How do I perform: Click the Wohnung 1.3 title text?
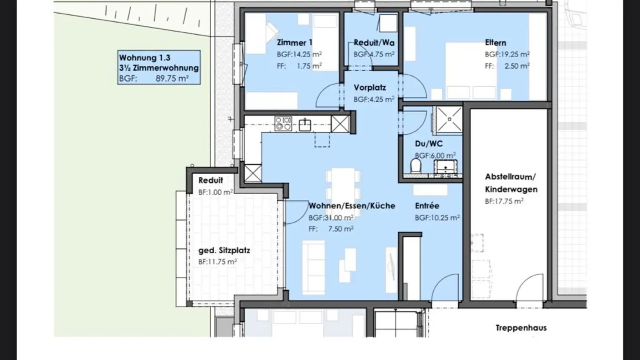(x=144, y=58)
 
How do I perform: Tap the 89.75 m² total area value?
(x=172, y=78)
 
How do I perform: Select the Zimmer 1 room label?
(x=295, y=43)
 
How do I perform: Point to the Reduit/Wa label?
(x=374, y=43)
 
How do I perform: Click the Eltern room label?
(x=496, y=43)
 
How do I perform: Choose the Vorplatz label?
(x=370, y=88)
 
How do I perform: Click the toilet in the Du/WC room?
(x=416, y=166)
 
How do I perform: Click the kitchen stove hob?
(x=283, y=124)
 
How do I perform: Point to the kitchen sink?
(x=305, y=124)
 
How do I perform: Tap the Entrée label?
(x=427, y=206)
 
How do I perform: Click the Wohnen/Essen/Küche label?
(x=352, y=206)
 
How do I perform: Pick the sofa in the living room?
(x=314, y=268)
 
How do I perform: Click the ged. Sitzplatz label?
(x=224, y=251)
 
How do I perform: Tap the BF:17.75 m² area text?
(x=504, y=201)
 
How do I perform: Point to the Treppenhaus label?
(x=521, y=328)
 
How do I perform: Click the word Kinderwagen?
(x=511, y=189)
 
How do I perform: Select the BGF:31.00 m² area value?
(x=331, y=218)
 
